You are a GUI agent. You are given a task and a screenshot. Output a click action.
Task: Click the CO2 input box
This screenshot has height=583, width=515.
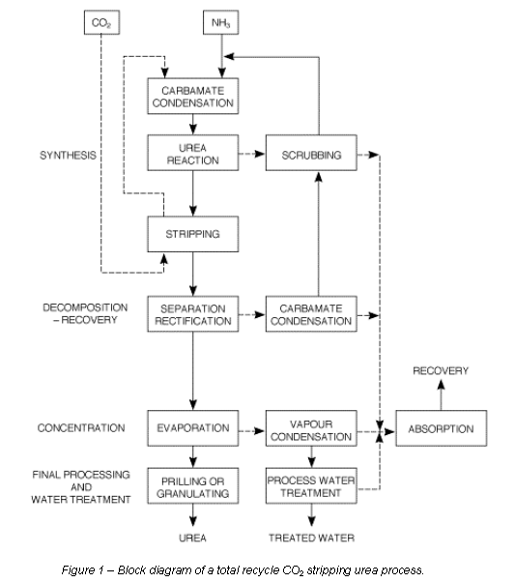[x=101, y=22]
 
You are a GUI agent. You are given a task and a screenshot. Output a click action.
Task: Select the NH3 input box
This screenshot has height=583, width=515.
[x=220, y=22]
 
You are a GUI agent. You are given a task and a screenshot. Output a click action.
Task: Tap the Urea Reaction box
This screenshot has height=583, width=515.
[x=193, y=153]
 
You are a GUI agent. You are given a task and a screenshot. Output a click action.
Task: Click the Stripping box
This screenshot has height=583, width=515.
[x=193, y=234]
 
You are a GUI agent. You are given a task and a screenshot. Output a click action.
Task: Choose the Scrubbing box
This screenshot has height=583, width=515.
[x=311, y=153]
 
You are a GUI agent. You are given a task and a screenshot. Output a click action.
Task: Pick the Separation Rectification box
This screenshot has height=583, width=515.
[x=193, y=314]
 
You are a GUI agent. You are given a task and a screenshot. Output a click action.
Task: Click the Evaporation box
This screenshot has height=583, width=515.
[x=193, y=428]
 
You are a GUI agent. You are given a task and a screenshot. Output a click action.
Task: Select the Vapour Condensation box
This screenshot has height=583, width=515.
[x=311, y=428]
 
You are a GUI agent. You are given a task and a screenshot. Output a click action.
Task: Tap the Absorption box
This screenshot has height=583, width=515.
[x=441, y=428]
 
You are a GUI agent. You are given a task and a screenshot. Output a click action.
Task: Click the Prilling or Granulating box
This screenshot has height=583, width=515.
[x=193, y=486]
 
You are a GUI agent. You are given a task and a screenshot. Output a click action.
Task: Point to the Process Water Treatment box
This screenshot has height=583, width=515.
[x=311, y=486]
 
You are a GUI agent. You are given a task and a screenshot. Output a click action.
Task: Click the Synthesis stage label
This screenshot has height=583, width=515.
[x=68, y=155]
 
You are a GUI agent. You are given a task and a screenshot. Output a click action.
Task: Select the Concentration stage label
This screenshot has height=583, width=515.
[x=81, y=428]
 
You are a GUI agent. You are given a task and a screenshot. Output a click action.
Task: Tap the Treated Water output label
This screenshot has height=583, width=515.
[x=311, y=538]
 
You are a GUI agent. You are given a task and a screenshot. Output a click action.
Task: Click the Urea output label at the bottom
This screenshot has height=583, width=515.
[x=192, y=538]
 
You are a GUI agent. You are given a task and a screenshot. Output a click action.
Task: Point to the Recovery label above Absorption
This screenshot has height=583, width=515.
[x=441, y=370]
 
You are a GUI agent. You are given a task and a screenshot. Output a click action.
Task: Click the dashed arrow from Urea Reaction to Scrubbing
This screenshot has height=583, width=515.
[x=252, y=154]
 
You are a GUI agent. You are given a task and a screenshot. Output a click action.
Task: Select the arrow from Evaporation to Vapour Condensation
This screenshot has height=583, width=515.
[x=252, y=431]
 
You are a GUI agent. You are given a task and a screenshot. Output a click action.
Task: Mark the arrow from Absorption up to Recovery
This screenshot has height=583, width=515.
[x=441, y=394]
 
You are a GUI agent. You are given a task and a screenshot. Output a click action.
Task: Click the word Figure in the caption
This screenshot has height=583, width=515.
[x=78, y=570]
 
